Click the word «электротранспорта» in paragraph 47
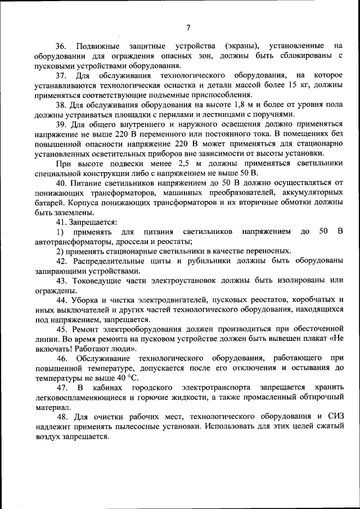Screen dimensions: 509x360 tap(215, 388)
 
